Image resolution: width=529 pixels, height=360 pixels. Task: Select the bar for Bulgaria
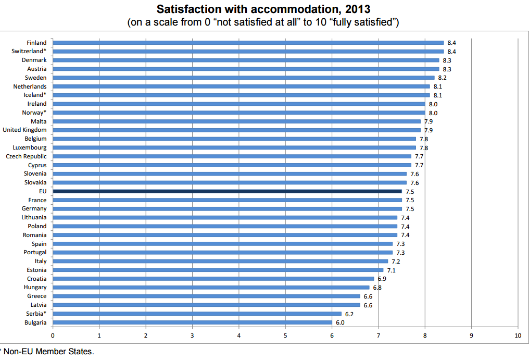pyautogui.click(x=192, y=322)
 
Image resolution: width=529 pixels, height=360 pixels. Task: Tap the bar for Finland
pyautogui.click(x=248, y=43)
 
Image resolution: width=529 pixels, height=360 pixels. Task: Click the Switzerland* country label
pyautogui.click(x=29, y=51)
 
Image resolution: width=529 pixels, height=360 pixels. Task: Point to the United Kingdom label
pyautogui.click(x=24, y=130)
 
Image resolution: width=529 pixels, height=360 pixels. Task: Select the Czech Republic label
pyautogui.click(x=26, y=156)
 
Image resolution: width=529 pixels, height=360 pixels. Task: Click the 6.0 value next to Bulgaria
pyautogui.click(x=339, y=322)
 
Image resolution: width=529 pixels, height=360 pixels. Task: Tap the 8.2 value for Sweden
pyautogui.click(x=442, y=78)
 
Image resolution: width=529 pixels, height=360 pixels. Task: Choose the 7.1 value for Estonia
pyautogui.click(x=391, y=270)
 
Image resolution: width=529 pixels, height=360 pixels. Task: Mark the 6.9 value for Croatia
pyautogui.click(x=382, y=279)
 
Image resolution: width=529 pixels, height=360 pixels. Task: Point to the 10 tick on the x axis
pyautogui.click(x=517, y=335)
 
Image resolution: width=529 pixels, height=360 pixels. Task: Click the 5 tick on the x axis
pyautogui.click(x=285, y=335)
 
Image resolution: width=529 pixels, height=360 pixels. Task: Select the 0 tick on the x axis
pyautogui.click(x=53, y=335)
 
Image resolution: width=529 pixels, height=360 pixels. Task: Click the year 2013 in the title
pyautogui.click(x=358, y=9)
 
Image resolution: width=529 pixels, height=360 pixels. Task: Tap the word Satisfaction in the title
pyautogui.click(x=186, y=9)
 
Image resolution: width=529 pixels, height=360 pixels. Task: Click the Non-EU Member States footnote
pyautogui.click(x=49, y=352)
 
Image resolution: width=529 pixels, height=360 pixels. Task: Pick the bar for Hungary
pyautogui.click(x=211, y=288)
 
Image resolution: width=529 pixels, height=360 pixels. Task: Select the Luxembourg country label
pyautogui.click(x=30, y=147)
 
